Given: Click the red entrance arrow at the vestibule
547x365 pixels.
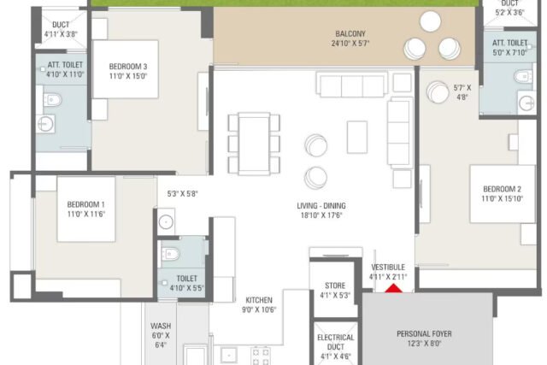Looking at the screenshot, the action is (393, 289).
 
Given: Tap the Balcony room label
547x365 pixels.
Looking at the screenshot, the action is (350, 34).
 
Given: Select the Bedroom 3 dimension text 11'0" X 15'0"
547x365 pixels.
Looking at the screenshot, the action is (128, 76).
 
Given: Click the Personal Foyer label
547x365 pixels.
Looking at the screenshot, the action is (424, 334).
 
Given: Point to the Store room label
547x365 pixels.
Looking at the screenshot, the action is (335, 286).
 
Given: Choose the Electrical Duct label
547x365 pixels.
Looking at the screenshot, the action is (336, 342).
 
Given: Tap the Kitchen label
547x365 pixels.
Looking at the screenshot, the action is (259, 300).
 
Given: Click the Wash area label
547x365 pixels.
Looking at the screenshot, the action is (161, 326).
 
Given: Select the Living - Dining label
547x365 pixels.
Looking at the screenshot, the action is (321, 206).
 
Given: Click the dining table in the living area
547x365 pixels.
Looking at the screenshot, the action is (254, 144).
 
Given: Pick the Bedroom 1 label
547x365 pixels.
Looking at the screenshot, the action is (85, 204).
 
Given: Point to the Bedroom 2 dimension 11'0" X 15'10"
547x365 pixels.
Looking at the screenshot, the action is (502, 198).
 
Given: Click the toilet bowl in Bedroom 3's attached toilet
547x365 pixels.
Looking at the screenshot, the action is (53, 100).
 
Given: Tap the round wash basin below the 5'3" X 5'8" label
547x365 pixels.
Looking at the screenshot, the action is (166, 222).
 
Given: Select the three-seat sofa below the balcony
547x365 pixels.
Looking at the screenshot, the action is (352, 85).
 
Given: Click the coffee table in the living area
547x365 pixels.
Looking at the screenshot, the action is (357, 137).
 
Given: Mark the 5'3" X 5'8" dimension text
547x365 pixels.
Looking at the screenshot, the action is (182, 194).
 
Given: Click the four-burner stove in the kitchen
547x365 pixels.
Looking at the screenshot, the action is (261, 356).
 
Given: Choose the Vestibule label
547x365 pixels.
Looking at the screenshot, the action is (388, 268).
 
